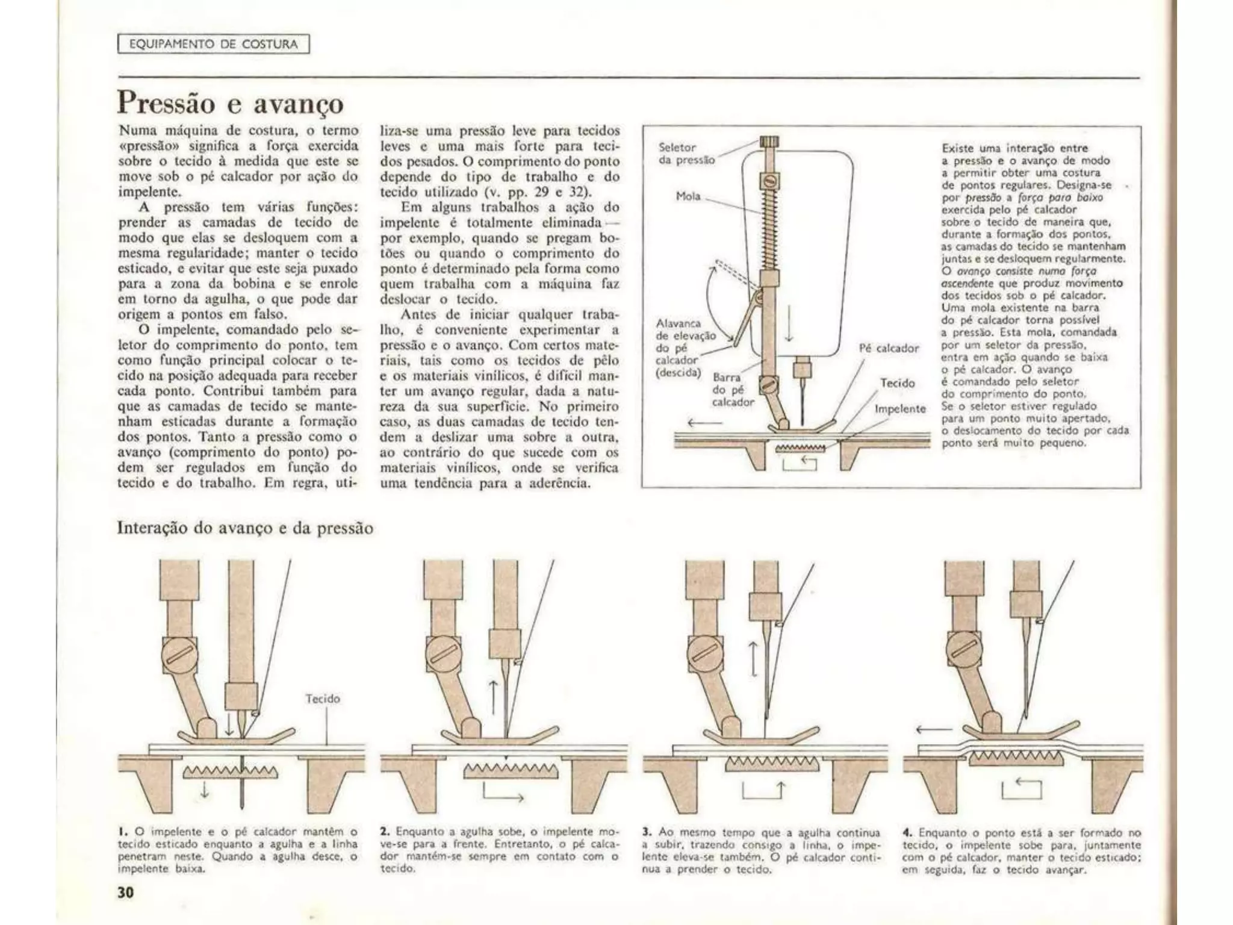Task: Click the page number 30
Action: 125,892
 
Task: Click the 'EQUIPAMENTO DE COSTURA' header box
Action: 214,44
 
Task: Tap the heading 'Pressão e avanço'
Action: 230,104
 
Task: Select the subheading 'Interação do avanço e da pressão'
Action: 244,528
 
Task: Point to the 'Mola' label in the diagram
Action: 688,196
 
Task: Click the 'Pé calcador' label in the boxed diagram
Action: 889,348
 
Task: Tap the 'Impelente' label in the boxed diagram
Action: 899,409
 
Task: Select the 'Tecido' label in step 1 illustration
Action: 323,699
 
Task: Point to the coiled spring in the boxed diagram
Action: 769,229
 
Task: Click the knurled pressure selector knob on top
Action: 769,143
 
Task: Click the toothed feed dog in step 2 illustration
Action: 511,770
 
